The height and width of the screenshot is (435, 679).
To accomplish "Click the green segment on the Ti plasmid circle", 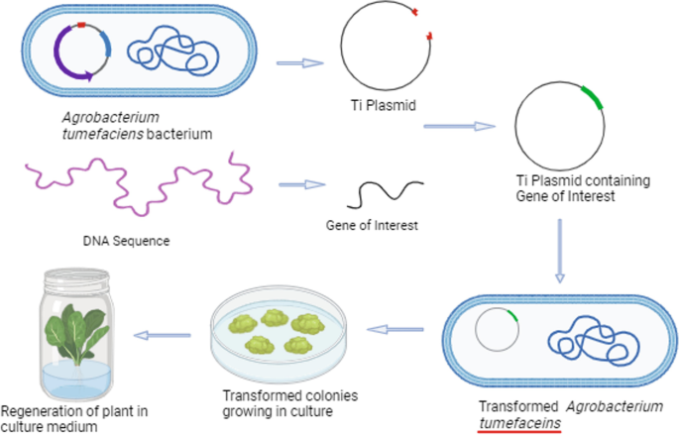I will pos(592,96).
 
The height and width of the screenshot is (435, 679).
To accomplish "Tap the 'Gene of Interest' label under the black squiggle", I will pos(372,226).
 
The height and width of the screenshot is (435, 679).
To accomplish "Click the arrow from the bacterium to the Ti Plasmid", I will pos(298,61).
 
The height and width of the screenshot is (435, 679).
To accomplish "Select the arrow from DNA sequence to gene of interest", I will pos(302,184).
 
